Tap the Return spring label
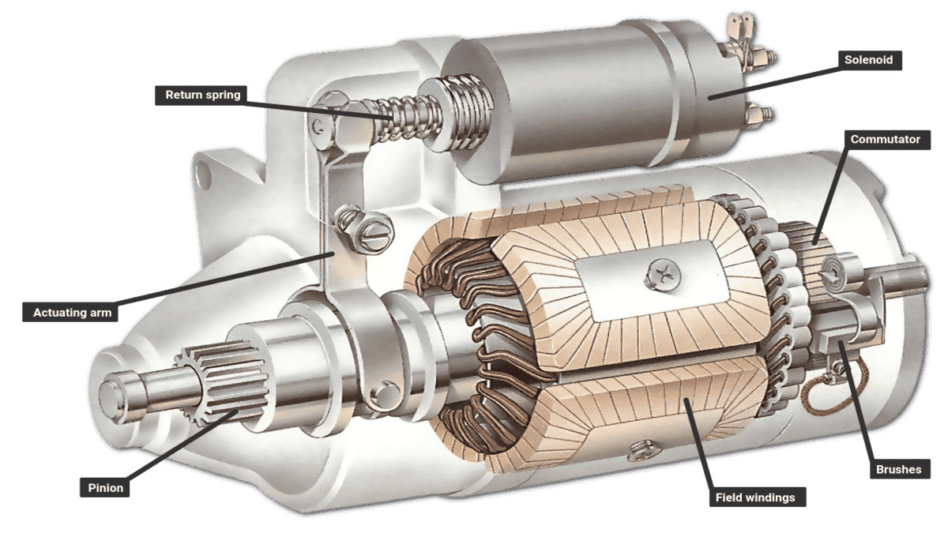point(202,96)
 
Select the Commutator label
point(885,140)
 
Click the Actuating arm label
point(70,313)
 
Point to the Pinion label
point(104,487)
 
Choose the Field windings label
point(754,497)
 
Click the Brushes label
point(898,469)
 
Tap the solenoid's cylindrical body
point(569,95)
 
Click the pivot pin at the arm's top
point(318,125)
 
